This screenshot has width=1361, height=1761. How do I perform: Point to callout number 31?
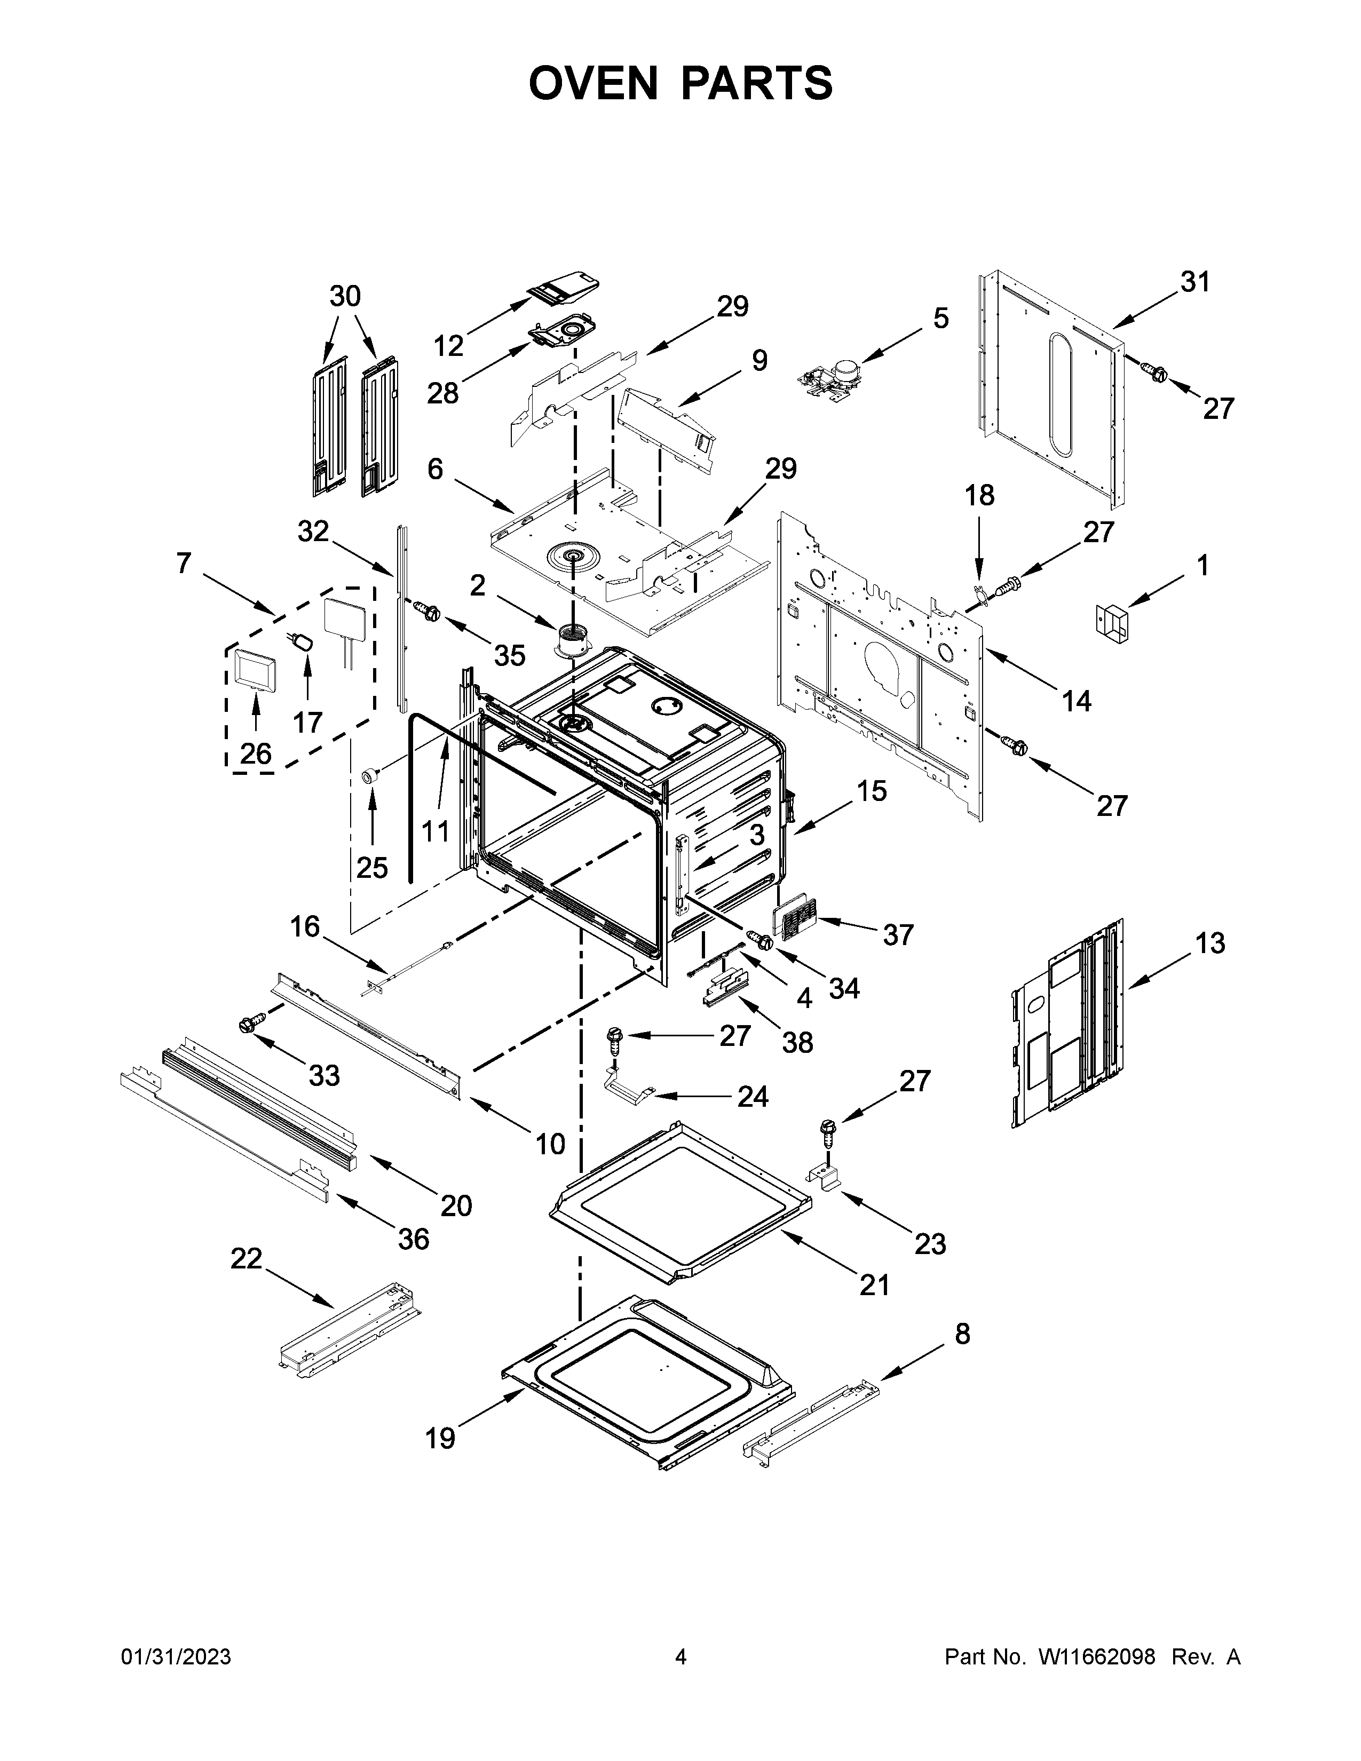point(1195,282)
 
